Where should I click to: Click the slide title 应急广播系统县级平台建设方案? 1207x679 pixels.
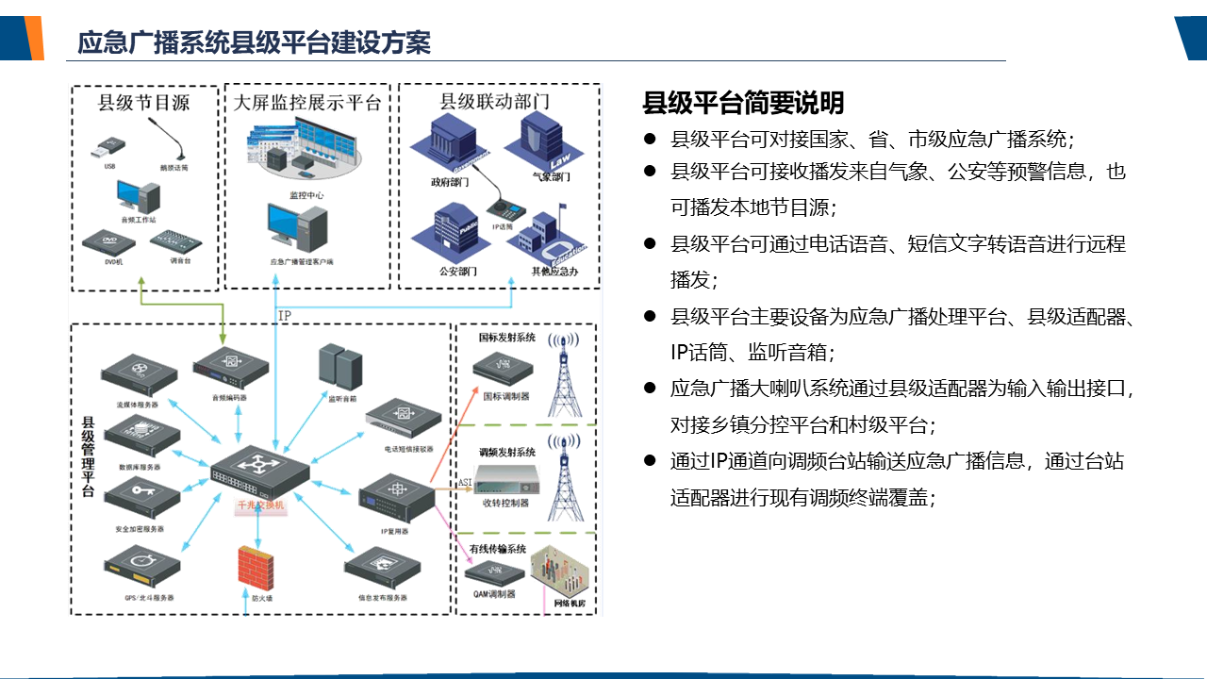pyautogui.click(x=254, y=42)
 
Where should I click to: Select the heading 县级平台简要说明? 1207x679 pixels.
pyautogui.click(x=743, y=102)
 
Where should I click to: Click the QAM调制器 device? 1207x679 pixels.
pyautogui.click(x=495, y=571)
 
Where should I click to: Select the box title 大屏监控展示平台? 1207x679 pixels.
pyautogui.click(x=307, y=103)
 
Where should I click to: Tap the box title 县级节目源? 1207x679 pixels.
pyautogui.click(x=144, y=103)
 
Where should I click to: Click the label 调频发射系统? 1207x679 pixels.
pyautogui.click(x=506, y=453)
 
